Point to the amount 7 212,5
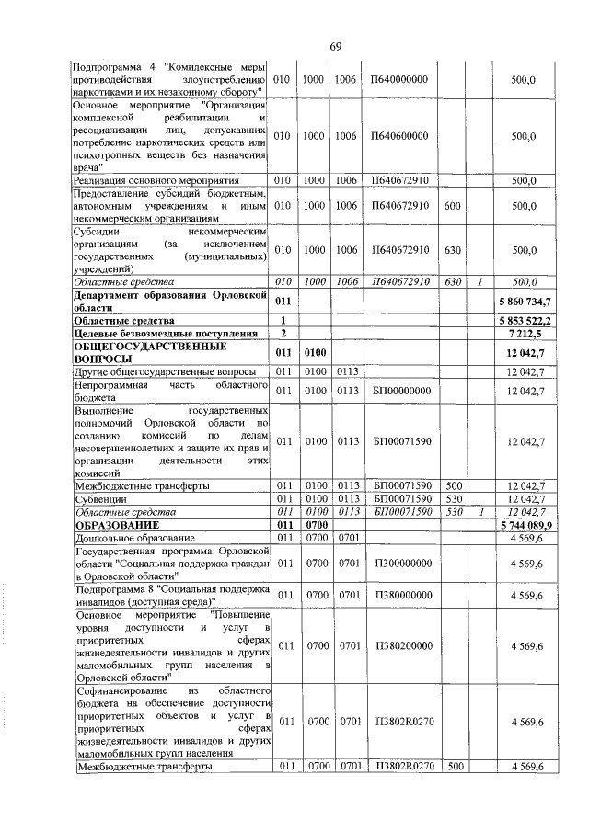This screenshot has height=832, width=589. [529, 332]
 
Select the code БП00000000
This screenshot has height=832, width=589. [401, 392]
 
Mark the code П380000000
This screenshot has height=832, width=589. [401, 596]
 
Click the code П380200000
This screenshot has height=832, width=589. [401, 646]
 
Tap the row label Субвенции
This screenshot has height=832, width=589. [100, 498]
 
